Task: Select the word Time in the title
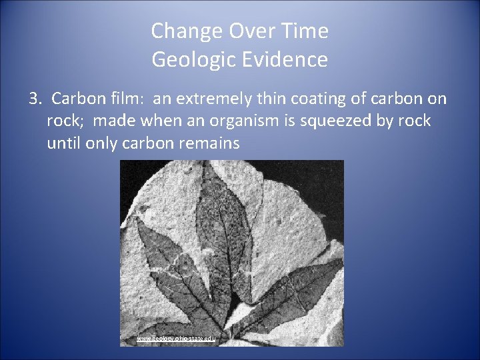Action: click(x=305, y=31)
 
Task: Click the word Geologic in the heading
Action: click(x=191, y=60)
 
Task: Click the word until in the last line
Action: click(x=64, y=143)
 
